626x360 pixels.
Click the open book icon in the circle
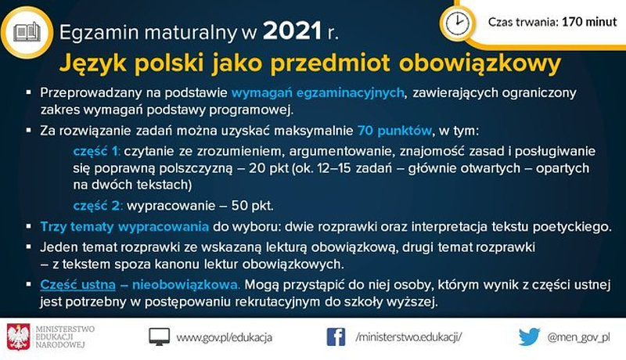[27, 32]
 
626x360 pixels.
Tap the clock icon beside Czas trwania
[458, 23]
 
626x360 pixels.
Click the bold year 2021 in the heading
[293, 31]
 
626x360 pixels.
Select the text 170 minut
[589, 22]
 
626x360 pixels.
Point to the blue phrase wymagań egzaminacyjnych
[318, 93]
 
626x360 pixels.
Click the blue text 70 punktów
[394, 131]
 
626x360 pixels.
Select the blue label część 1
[96, 152]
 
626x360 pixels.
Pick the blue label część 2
[97, 206]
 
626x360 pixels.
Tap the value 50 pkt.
[252, 206]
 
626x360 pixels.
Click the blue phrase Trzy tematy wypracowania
[124, 227]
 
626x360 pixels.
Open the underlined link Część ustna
[77, 285]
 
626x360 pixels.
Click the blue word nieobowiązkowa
[186, 285]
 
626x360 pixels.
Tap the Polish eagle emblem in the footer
[18, 337]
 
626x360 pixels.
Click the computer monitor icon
[159, 337]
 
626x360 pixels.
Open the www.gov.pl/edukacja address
[225, 337]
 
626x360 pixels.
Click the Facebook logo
[336, 337]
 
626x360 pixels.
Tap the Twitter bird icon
[530, 337]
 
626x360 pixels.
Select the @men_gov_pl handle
[579, 337]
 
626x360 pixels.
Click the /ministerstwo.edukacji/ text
[408, 337]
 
